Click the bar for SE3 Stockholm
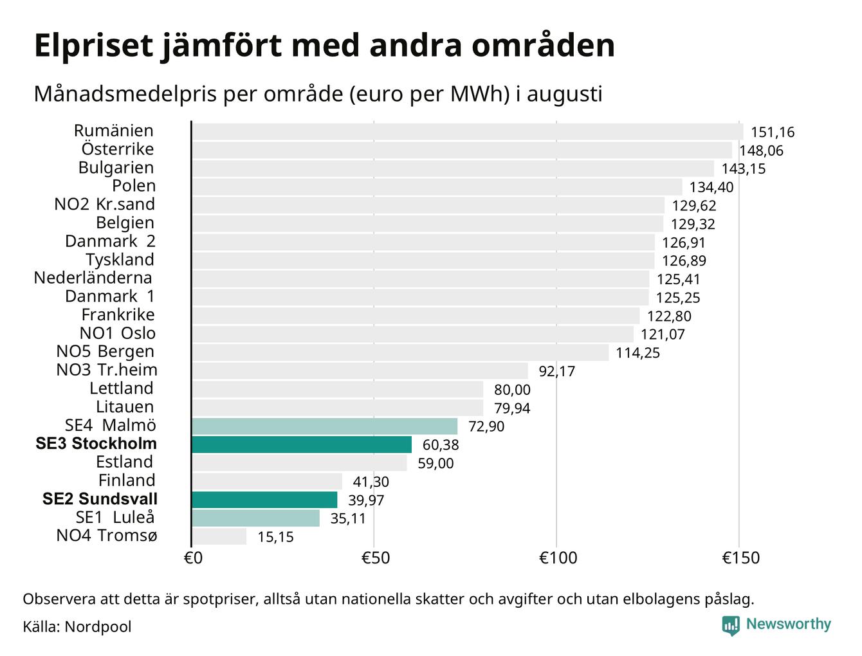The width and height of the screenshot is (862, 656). coord(302,444)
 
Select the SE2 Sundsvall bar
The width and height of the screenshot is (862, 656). coord(264,500)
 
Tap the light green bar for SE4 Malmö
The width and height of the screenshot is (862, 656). coord(325,426)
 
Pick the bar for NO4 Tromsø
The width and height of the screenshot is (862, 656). coord(219,536)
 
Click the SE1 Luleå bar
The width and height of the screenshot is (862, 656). coord(255,518)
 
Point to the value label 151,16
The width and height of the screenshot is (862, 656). coord(773,132)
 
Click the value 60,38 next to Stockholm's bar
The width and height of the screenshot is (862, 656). coord(440,445)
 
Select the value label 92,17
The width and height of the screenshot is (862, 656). coord(556,371)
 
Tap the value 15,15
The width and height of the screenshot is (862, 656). coord(275,537)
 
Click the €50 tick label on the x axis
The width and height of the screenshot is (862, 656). coord(376,558)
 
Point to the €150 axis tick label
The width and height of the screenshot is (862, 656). coord(740,558)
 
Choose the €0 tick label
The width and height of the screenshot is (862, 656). coord(193,558)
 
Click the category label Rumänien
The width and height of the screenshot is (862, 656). coord(113,131)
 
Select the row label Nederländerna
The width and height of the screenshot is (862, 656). coord(93,278)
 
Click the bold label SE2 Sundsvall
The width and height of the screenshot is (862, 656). coord(100,499)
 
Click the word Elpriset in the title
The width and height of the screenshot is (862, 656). coord(93,46)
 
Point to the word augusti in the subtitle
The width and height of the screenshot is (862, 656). coord(564,95)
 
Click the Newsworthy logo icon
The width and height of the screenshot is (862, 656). coord(730,626)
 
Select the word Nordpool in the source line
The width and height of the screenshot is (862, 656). coord(98,627)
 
